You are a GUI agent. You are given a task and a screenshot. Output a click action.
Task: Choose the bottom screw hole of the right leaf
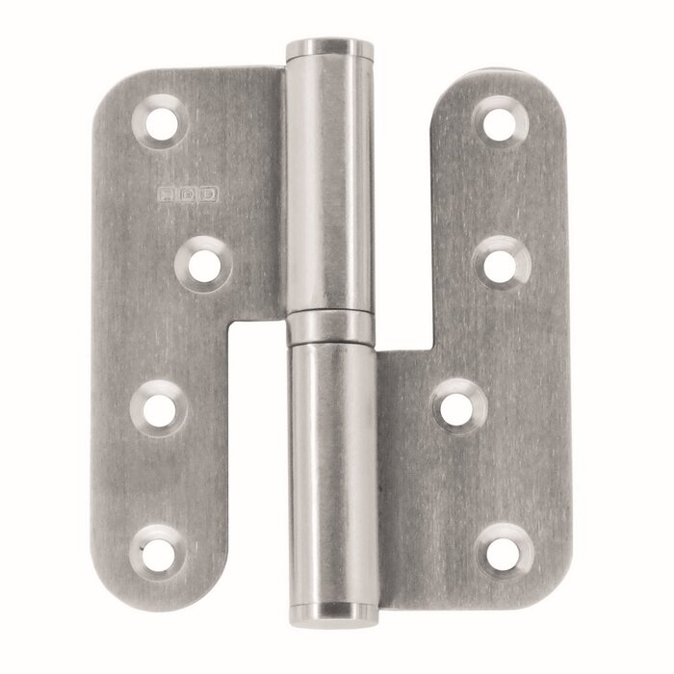coord(505,547)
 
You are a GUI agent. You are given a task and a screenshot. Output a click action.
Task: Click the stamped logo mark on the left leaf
coord(189,193)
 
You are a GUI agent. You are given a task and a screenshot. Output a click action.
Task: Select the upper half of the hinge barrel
coord(330,183)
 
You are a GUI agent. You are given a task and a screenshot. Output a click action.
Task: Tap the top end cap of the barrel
coord(330,49)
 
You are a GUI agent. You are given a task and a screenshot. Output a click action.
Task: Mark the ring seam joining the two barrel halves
coord(330,327)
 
